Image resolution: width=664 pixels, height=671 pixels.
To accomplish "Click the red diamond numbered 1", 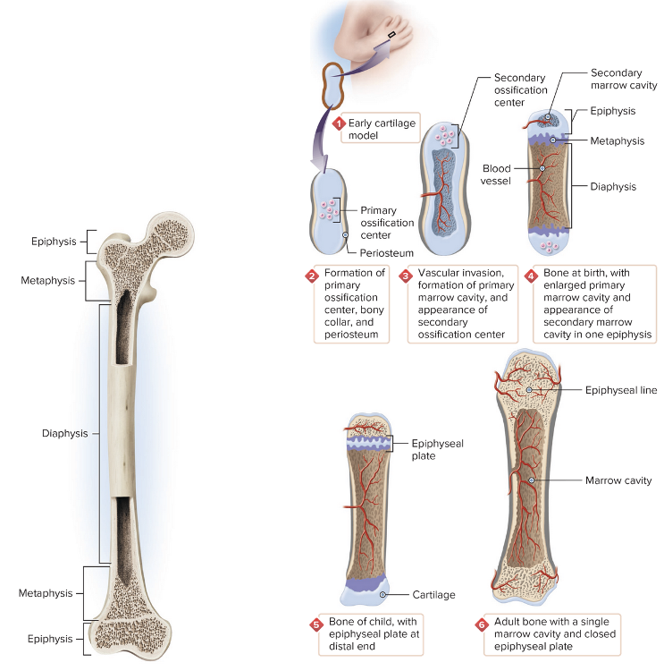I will (339, 123).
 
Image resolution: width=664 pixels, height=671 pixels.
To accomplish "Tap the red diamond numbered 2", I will (312, 276).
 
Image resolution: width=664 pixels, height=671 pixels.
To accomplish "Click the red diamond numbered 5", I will (315, 624).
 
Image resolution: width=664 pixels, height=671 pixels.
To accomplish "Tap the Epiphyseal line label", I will (621, 390).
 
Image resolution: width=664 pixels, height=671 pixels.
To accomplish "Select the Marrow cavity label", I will (618, 480).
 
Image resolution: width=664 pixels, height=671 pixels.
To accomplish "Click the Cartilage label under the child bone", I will (434, 594).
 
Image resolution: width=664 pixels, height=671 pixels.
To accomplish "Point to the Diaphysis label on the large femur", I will (65, 433).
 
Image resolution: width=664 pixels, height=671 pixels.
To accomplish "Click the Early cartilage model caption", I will (382, 129).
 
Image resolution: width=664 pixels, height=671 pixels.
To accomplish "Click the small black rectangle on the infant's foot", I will (391, 37).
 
